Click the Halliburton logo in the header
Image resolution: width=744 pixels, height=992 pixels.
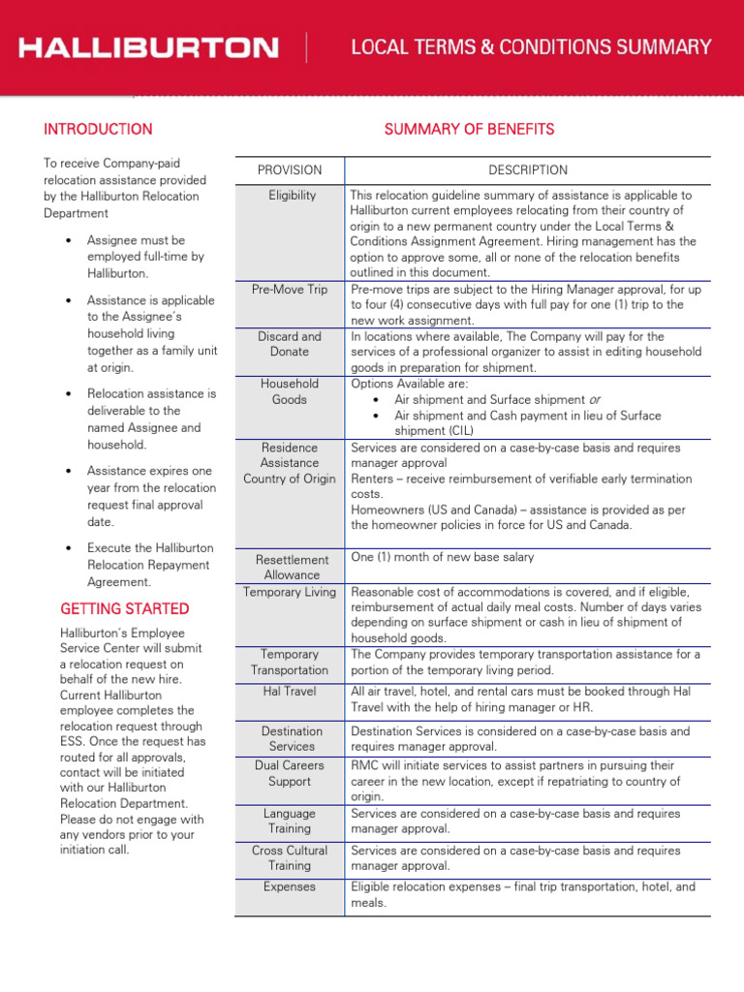[x=149, y=47]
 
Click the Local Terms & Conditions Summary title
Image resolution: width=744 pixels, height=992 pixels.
[x=531, y=47]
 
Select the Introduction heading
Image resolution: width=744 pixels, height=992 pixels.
[x=98, y=129]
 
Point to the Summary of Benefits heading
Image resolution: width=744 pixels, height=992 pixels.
[x=469, y=129]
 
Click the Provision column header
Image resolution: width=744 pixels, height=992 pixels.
[x=290, y=170]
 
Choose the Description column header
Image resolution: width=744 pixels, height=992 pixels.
[x=528, y=170]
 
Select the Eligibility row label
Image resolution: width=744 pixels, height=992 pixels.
[x=292, y=196]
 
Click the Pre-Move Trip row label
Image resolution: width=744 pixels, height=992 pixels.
[x=290, y=290]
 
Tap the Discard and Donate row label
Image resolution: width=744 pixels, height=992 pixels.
[x=290, y=344]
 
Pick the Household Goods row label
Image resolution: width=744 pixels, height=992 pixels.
[x=290, y=391]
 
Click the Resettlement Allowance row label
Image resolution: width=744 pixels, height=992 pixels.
[x=293, y=567]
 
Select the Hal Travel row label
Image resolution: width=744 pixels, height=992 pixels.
[x=290, y=692]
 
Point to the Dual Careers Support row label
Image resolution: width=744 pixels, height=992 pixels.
[x=290, y=773]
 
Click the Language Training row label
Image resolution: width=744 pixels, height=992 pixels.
[x=290, y=821]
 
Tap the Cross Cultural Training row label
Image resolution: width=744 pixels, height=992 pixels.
[x=290, y=858]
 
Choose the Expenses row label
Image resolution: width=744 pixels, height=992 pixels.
[x=290, y=886]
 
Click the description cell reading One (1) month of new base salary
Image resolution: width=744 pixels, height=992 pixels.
[x=442, y=557]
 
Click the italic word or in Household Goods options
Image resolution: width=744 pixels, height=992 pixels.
[x=594, y=400]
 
